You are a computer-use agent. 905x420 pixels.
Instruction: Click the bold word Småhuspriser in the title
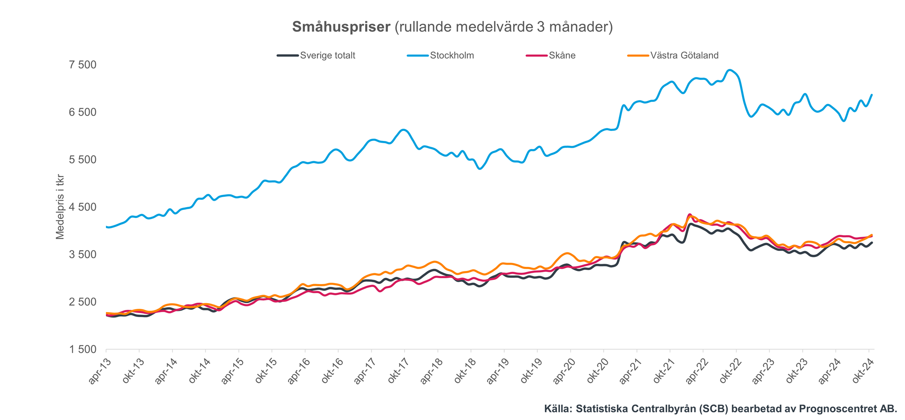341,27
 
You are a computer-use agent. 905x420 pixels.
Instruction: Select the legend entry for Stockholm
452,56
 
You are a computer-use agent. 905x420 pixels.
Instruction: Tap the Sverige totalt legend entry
327,56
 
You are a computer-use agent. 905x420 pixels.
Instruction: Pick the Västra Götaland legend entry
684,56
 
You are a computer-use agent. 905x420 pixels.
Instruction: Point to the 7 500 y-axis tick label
82,65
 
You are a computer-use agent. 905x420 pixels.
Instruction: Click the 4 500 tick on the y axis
82,207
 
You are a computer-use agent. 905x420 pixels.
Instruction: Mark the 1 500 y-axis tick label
82,349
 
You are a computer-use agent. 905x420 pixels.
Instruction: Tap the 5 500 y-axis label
82,160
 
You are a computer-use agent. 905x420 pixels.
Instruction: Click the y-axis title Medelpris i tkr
60,207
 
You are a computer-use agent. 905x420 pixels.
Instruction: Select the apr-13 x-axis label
99,371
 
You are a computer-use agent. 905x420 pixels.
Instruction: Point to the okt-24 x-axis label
862,371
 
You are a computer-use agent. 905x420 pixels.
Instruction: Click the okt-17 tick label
398,371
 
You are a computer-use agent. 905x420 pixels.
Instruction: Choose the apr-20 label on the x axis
564,371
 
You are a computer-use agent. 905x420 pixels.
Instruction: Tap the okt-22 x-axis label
730,371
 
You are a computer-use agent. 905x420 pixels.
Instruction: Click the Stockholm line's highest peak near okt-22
729,70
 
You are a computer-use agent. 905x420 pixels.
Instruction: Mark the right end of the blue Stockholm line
872,95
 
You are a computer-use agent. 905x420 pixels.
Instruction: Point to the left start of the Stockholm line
106,227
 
